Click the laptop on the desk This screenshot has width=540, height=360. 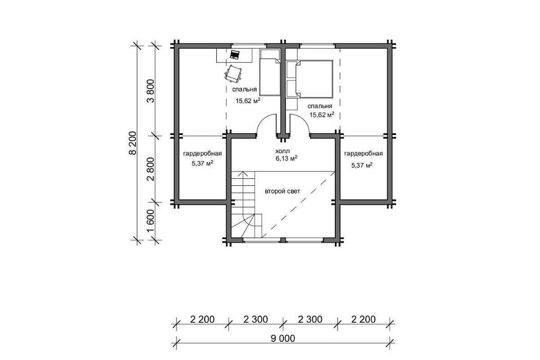point(235,54)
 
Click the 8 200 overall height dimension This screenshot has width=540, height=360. point(132,143)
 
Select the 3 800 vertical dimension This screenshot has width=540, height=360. point(151,91)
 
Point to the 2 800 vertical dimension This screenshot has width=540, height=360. point(151,169)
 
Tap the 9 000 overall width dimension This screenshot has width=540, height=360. point(283,338)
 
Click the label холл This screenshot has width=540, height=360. point(283,151)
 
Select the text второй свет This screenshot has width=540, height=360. point(283,191)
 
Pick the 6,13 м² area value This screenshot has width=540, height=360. point(286,158)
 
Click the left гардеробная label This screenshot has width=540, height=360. point(202,153)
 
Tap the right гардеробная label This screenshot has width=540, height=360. point(364,153)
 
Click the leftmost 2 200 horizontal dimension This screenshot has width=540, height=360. point(202,319)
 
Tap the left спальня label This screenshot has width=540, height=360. point(244,90)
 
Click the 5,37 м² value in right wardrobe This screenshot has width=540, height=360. point(362,165)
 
